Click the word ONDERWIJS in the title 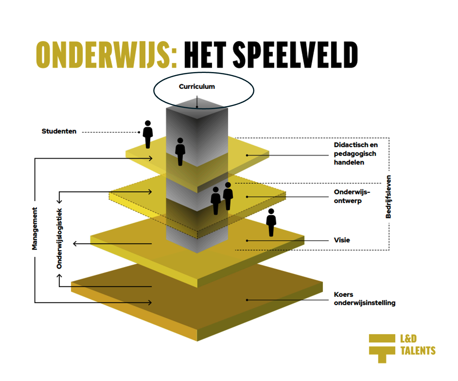(106, 55)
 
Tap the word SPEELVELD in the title (295, 55)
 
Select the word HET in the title (205, 55)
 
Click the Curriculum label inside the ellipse (197, 87)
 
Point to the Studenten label (59, 131)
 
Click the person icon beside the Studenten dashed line (148, 134)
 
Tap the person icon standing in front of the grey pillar (180, 152)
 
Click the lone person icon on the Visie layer (271, 222)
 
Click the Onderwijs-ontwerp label (352, 197)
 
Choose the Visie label (342, 240)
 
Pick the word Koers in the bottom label (343, 294)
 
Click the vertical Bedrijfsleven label (388, 197)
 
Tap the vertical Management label (35, 229)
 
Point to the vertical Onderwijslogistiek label (59, 238)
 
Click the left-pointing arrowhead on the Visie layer (75, 244)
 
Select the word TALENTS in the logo (418, 351)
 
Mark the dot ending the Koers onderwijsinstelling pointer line (247, 300)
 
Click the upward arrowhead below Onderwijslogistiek (59, 276)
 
